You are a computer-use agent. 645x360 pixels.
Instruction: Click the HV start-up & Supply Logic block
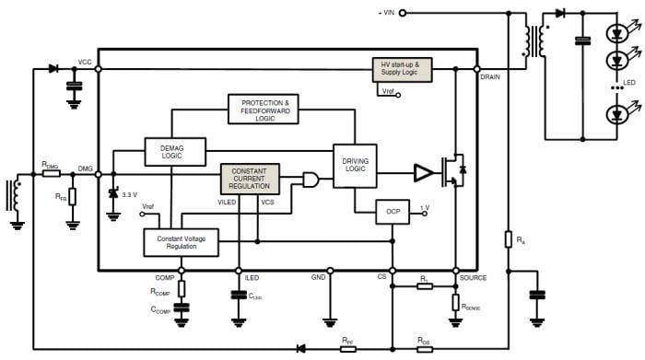click(x=400, y=69)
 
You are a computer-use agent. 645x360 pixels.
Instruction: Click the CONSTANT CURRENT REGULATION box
click(x=249, y=178)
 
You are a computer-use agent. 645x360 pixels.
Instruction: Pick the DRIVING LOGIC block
click(x=355, y=166)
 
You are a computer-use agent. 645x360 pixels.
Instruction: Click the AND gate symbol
click(x=314, y=179)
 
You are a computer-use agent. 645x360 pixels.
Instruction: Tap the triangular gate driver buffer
click(x=423, y=172)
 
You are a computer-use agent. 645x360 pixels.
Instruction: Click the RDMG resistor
click(x=52, y=171)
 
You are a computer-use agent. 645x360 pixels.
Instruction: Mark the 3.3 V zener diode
click(x=113, y=194)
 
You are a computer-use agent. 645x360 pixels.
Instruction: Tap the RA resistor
click(x=508, y=240)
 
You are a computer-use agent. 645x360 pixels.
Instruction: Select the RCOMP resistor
click(x=181, y=290)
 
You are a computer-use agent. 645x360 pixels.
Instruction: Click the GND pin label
click(x=318, y=277)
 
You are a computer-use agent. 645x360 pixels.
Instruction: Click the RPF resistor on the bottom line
click(x=347, y=347)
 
